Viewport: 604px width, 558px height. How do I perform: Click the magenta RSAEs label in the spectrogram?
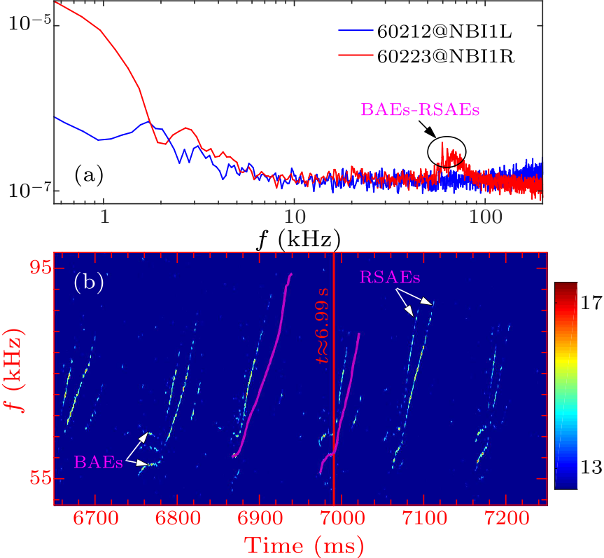click(x=391, y=278)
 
